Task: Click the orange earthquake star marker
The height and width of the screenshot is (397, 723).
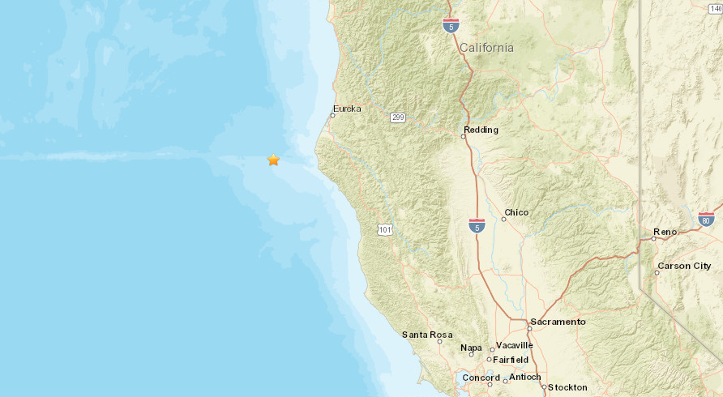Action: pyautogui.click(x=274, y=160)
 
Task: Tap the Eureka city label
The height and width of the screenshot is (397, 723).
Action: pyautogui.click(x=347, y=109)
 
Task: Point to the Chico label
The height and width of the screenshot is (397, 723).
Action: pyautogui.click(x=516, y=212)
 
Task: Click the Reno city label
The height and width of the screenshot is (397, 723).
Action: pyautogui.click(x=665, y=232)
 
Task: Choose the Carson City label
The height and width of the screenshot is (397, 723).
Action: pyautogui.click(x=684, y=266)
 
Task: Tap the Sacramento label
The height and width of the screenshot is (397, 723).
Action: pyautogui.click(x=558, y=322)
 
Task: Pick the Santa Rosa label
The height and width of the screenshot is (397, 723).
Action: pyautogui.click(x=422, y=335)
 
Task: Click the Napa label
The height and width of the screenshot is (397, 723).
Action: pyautogui.click(x=471, y=348)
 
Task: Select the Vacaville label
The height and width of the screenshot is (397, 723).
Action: pyautogui.click(x=514, y=344)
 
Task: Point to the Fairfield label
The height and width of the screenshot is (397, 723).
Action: pyautogui.click(x=511, y=359)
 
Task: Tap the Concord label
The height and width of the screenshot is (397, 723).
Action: pyautogui.click(x=481, y=378)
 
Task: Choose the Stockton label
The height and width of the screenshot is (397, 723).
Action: pyautogui.click(x=567, y=387)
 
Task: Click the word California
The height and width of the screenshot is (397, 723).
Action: pyautogui.click(x=486, y=48)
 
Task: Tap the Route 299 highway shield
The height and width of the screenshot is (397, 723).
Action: pyautogui.click(x=397, y=117)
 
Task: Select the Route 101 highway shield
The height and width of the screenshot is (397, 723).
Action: pyautogui.click(x=385, y=231)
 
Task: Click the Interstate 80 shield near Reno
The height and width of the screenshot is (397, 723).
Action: pyautogui.click(x=705, y=219)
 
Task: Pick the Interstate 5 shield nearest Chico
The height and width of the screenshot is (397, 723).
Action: pyautogui.click(x=477, y=225)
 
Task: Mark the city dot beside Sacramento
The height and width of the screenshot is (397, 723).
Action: pyautogui.click(x=528, y=327)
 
